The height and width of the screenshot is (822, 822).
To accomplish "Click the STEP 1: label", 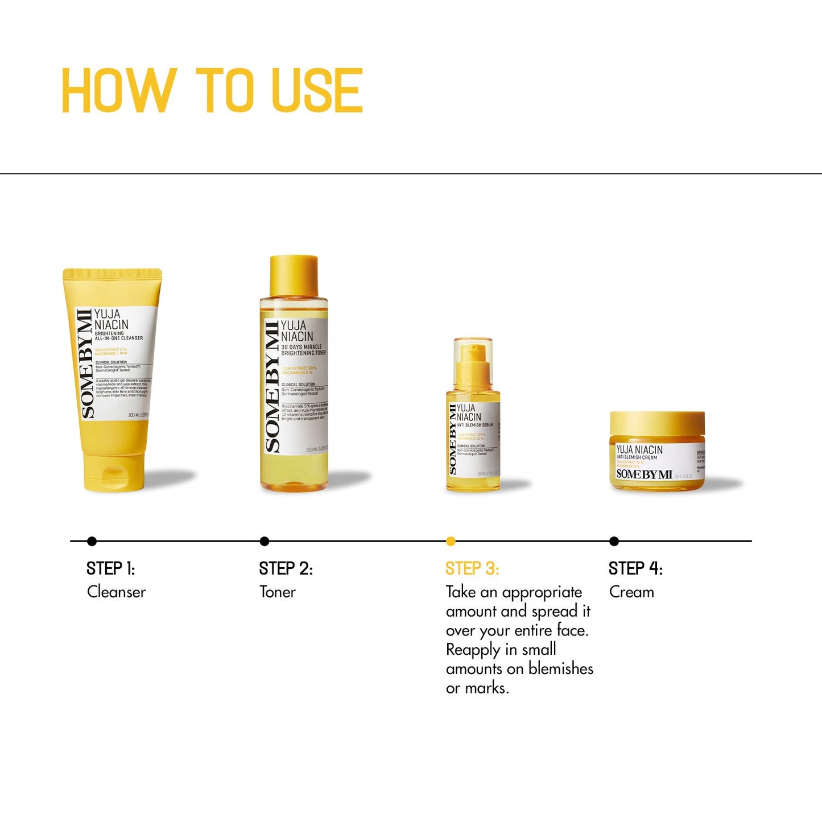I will click(110, 568).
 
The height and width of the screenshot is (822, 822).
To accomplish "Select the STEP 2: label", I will click(286, 568).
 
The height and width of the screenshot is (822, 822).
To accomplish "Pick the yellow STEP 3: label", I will click(472, 568).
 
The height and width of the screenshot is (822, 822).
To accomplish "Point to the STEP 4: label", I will click(635, 568).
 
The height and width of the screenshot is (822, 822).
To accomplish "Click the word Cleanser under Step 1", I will click(117, 592).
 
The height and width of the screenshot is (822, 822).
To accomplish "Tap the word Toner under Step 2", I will click(278, 592).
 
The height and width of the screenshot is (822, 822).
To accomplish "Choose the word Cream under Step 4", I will click(631, 592).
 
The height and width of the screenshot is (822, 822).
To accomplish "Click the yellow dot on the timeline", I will click(451, 541).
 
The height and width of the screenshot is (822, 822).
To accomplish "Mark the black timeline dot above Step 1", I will click(92, 541).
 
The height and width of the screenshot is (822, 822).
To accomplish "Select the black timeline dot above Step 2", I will click(265, 541).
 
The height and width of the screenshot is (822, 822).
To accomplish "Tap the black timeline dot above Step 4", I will click(614, 541).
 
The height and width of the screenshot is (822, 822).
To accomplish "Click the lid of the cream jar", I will click(657, 424).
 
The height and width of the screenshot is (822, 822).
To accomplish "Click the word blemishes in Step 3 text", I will click(561, 668).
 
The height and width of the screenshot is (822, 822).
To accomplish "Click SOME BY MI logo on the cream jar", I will click(644, 474).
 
